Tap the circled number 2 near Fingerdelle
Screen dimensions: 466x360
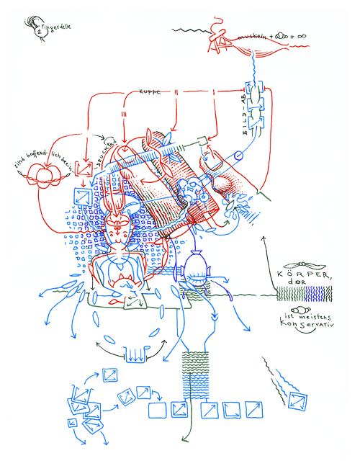(x=37, y=31)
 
